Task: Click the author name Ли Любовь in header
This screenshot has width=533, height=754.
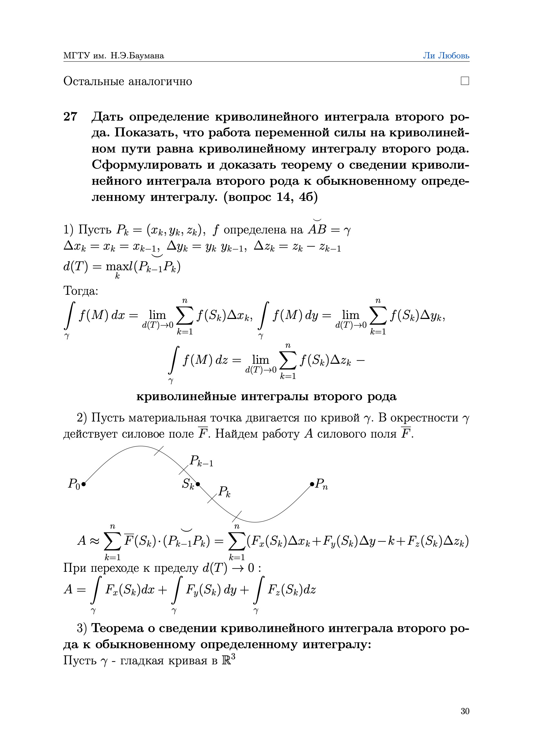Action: tap(446, 56)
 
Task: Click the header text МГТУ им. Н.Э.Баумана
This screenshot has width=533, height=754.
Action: tap(114, 56)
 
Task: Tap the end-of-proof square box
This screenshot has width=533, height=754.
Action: tap(465, 81)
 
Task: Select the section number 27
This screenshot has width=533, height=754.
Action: tap(70, 116)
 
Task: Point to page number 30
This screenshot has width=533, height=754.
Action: tap(465, 711)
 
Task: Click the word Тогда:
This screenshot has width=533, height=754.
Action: tap(81, 291)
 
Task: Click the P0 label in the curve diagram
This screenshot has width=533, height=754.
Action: tap(74, 484)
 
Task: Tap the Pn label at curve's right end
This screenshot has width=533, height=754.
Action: tap(321, 484)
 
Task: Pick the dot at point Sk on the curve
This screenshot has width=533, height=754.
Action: tap(198, 484)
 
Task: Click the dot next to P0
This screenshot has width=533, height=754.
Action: tap(84, 484)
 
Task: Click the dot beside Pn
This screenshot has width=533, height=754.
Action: tap(312, 484)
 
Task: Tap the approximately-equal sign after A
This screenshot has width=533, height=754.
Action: tap(94, 541)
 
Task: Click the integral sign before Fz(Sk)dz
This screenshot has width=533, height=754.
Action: tap(258, 590)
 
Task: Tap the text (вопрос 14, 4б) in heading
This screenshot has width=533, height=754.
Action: tap(270, 197)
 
